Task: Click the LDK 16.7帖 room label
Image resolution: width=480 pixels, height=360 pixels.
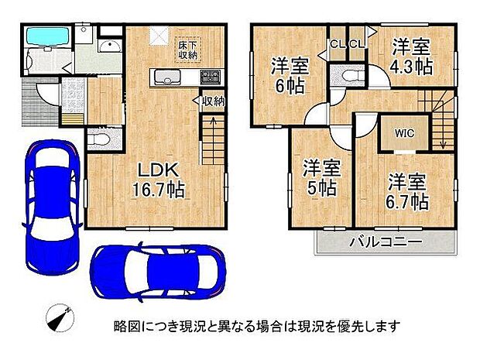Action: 160,179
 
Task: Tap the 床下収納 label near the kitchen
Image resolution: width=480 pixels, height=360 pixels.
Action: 188,49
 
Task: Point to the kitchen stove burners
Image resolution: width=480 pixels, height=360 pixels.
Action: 211,76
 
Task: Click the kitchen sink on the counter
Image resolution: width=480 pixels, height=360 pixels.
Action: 166,77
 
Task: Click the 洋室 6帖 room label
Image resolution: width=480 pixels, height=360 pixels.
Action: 286,76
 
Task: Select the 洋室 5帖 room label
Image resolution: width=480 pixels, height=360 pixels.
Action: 320,177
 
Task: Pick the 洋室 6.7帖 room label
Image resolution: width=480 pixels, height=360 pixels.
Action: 408,192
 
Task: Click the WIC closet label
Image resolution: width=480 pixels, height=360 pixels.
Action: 406,132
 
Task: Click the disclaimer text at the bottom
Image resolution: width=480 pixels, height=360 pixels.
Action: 257,326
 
